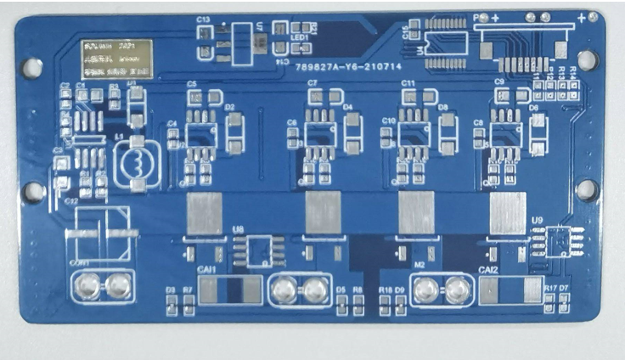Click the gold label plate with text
[116, 59]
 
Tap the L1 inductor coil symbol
[133, 164]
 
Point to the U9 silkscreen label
[537, 221]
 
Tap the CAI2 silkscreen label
[488, 270]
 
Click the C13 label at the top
[203, 19]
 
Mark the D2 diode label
[229, 107]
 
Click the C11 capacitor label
[408, 83]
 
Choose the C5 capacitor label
[192, 84]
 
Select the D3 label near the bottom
[171, 290]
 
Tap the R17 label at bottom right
[549, 290]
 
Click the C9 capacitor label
[499, 82]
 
